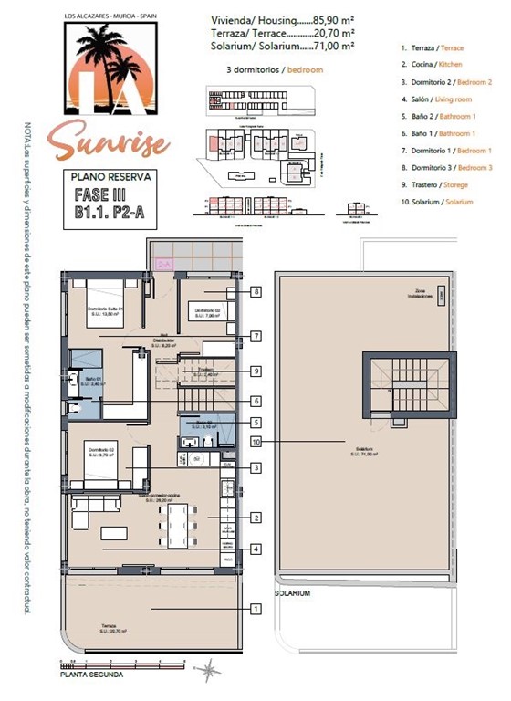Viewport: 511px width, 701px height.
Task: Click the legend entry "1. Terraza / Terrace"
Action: (433, 47)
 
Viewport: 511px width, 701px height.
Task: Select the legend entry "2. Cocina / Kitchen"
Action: (433, 64)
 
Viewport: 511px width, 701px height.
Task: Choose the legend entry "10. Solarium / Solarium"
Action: (437, 202)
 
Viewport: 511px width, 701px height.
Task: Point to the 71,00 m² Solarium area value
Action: (335, 45)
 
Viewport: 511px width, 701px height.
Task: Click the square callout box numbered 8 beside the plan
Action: (257, 292)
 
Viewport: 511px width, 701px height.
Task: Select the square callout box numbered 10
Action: (257, 441)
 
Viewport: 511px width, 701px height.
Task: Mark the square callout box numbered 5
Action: (257, 423)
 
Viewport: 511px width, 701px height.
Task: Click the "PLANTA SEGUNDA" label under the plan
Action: (89, 676)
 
